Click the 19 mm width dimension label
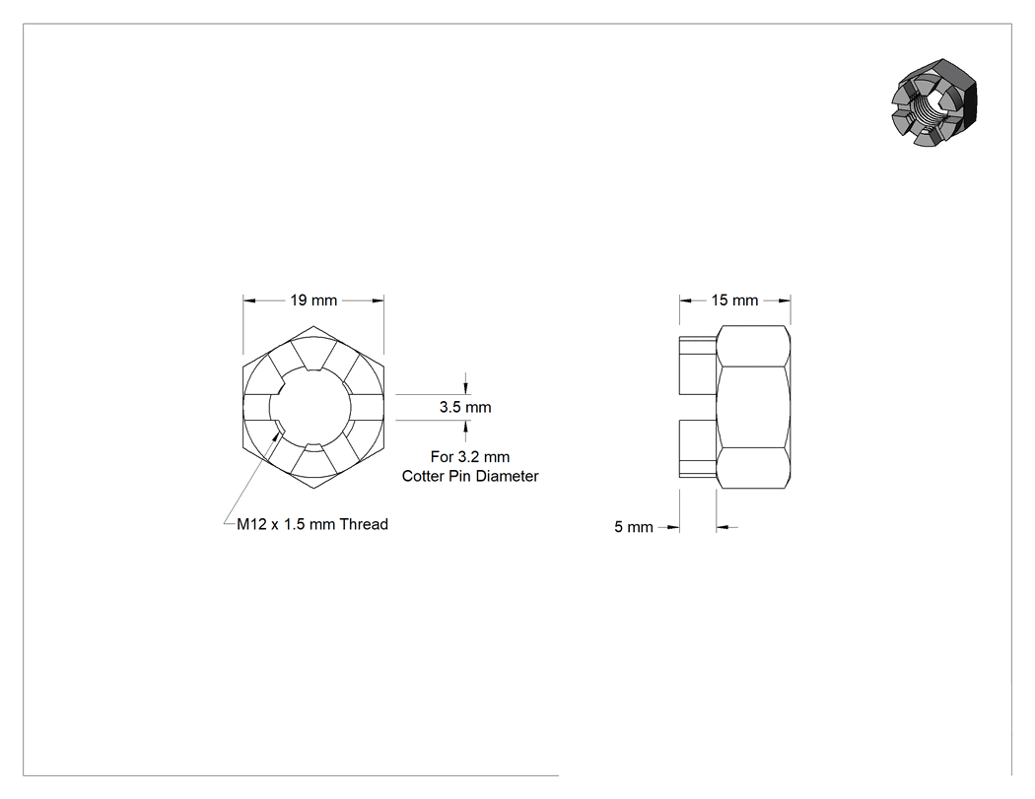click(313, 300)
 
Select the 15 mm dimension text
click(734, 300)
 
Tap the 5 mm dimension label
click(634, 527)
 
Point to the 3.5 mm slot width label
click(465, 407)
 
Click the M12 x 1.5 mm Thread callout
click(312, 524)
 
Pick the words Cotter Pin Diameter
click(470, 477)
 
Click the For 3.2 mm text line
click(470, 456)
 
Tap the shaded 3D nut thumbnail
click(932, 102)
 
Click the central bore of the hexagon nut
click(313, 407)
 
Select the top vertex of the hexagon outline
click(313, 326)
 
